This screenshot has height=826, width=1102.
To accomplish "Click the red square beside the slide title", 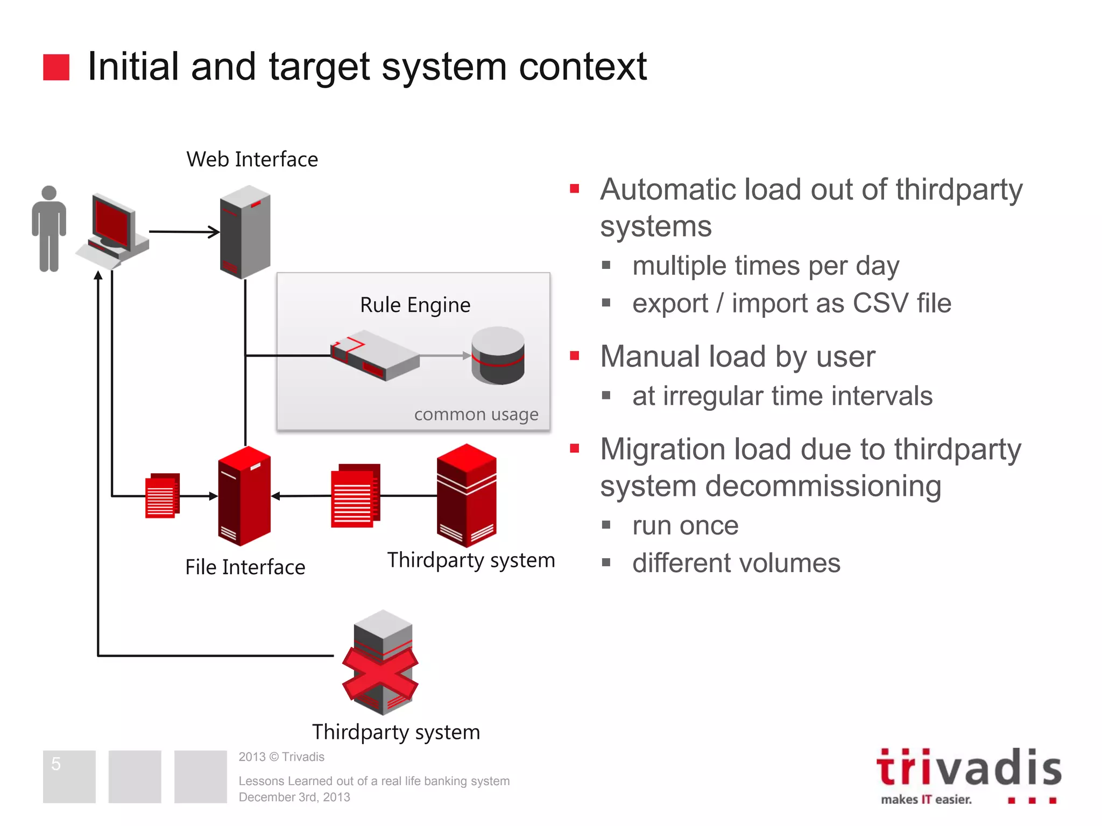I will (56, 67).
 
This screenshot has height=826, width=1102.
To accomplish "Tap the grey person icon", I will (49, 229).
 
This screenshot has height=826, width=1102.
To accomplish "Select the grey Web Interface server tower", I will (245, 232).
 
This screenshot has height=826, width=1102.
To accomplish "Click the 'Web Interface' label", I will (252, 160).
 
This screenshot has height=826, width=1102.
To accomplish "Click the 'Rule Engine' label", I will (415, 305).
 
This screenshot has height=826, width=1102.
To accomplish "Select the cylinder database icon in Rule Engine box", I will (498, 355).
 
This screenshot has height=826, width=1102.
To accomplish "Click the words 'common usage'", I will (476, 415).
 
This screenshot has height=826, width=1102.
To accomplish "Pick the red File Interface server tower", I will (244, 496).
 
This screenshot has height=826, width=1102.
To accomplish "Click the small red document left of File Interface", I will (162, 496).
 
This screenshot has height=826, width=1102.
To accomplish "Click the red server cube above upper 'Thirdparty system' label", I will (467, 495).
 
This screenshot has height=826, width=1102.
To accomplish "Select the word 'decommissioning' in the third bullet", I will (824, 487).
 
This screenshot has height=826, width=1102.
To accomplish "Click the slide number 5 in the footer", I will (56, 764).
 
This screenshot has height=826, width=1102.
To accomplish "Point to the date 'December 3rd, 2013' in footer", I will (294, 797).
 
